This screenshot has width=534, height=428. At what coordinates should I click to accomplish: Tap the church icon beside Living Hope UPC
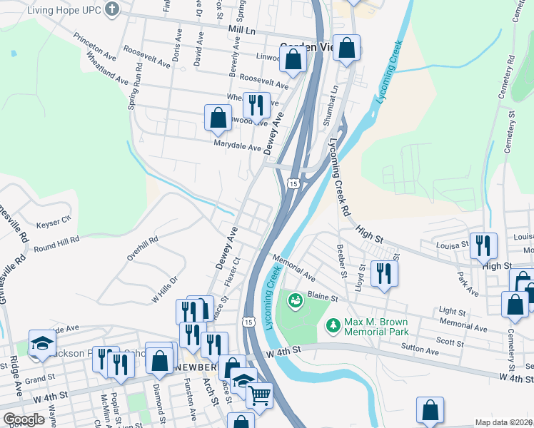(x=111, y=9)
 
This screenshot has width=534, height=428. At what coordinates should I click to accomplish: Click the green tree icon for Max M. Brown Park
(x=332, y=326)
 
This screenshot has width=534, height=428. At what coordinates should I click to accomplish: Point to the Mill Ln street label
(x=242, y=31)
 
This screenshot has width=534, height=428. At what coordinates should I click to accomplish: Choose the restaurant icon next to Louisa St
(x=483, y=245)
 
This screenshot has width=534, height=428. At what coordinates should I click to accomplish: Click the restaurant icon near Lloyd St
(x=385, y=272)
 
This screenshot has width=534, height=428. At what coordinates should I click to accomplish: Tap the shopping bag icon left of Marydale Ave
(x=218, y=117)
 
